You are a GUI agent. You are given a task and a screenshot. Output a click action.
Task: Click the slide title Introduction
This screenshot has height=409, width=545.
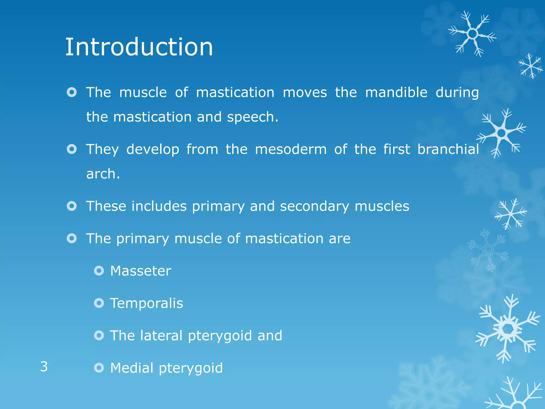click(x=139, y=47)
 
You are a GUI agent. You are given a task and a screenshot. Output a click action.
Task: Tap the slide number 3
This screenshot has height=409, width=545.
click(x=44, y=367)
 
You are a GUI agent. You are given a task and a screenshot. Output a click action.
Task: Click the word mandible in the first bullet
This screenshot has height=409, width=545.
click(x=396, y=92)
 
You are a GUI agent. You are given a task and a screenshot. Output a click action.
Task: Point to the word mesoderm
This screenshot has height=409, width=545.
click(x=291, y=149)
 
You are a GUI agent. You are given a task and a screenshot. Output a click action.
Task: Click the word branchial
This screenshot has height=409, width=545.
click(x=448, y=149)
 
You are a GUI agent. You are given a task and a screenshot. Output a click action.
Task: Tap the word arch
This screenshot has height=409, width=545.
click(x=103, y=174)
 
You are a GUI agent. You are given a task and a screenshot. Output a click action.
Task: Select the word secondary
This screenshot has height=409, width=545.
click(x=315, y=206)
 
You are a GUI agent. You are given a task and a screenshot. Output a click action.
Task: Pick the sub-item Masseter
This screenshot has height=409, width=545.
click(x=141, y=271)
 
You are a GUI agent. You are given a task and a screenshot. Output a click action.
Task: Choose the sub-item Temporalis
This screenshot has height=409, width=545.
click(x=146, y=303)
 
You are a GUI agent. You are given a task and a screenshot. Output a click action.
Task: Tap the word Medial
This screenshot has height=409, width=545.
click(x=132, y=368)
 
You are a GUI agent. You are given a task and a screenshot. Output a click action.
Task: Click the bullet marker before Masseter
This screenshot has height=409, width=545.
click(x=99, y=271)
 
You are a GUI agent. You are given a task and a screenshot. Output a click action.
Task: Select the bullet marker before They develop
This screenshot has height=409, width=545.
click(x=72, y=149)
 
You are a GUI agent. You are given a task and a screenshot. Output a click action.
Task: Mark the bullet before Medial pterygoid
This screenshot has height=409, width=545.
click(x=99, y=368)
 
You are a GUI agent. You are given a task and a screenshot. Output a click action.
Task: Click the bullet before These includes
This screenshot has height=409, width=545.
click(x=72, y=206)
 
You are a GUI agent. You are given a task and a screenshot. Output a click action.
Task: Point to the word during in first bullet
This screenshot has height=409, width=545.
click(x=457, y=93)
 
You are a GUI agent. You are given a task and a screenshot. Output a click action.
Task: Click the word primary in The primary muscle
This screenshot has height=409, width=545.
click(x=142, y=239)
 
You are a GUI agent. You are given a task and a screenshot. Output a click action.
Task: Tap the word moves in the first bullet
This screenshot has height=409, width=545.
click(x=305, y=92)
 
